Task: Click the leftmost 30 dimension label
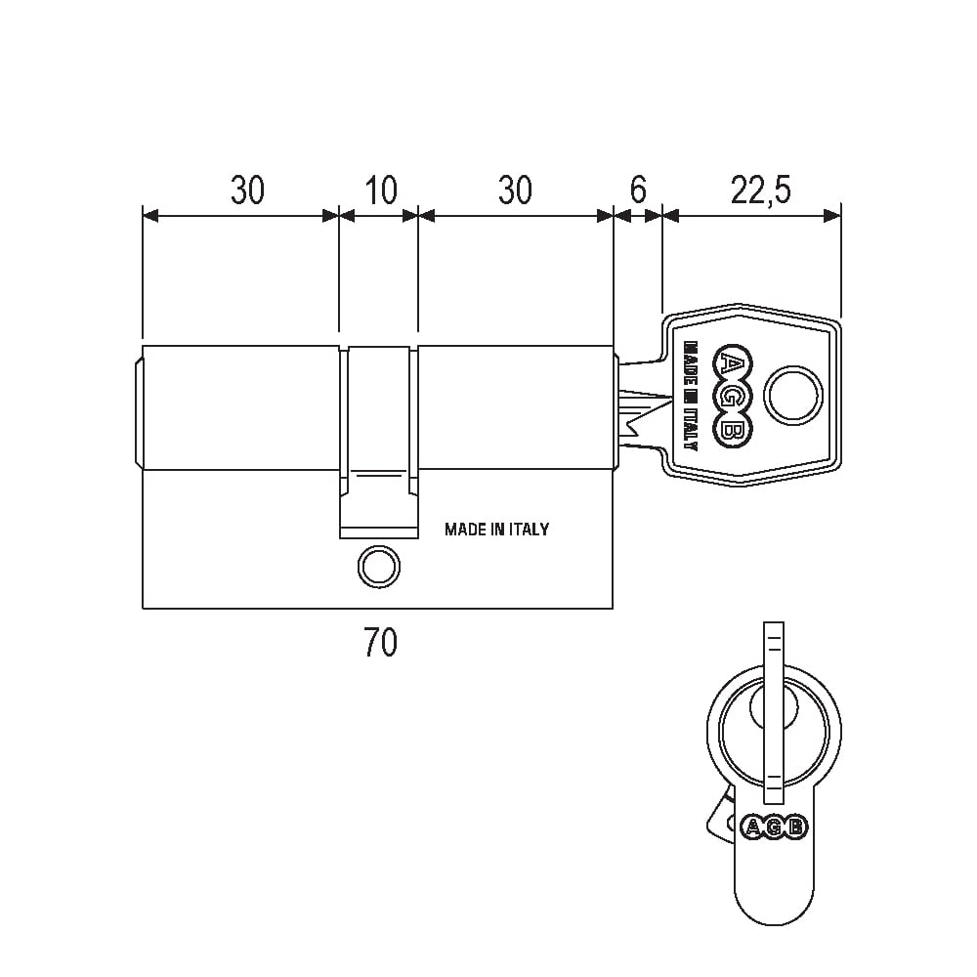[x=247, y=191]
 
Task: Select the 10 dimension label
[x=381, y=191]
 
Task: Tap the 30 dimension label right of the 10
[x=515, y=191]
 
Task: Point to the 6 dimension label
[x=638, y=191]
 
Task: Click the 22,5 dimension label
[x=761, y=191]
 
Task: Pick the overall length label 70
[x=380, y=643]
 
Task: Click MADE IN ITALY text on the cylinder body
[x=496, y=529]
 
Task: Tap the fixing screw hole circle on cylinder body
[x=379, y=567]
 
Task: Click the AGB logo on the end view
[x=774, y=827]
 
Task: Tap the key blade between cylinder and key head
[x=641, y=405]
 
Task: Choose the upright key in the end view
[x=773, y=713]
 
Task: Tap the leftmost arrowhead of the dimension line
[x=150, y=216]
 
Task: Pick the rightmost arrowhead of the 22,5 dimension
[x=832, y=216]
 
